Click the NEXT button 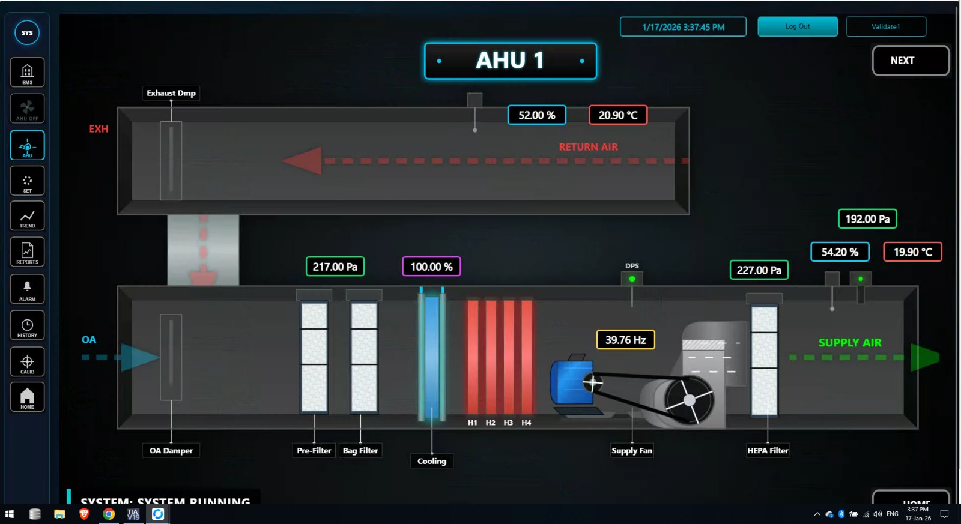pyautogui.click(x=910, y=61)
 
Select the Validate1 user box pyautogui.click(x=885, y=26)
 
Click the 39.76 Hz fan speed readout pyautogui.click(x=625, y=340)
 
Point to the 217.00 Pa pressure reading pyautogui.click(x=335, y=267)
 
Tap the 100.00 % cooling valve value pyautogui.click(x=431, y=267)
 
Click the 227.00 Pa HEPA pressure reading pyautogui.click(x=759, y=270)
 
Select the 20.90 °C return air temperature pyautogui.click(x=617, y=115)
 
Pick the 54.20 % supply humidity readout pyautogui.click(x=839, y=252)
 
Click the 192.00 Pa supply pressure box pyautogui.click(x=867, y=219)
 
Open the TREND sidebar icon pyautogui.click(x=27, y=217)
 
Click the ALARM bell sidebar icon pyautogui.click(x=27, y=289)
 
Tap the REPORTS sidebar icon pyautogui.click(x=27, y=253)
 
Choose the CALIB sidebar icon pyautogui.click(x=27, y=363)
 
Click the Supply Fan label pyautogui.click(x=631, y=451)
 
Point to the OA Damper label pyautogui.click(x=171, y=451)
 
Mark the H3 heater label pyautogui.click(x=508, y=423)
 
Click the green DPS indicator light pyautogui.click(x=632, y=279)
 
